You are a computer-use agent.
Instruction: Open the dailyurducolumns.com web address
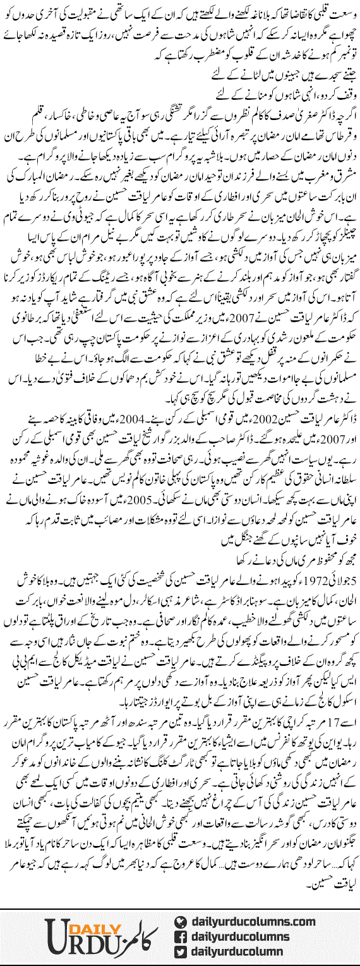tap(249, 904)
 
